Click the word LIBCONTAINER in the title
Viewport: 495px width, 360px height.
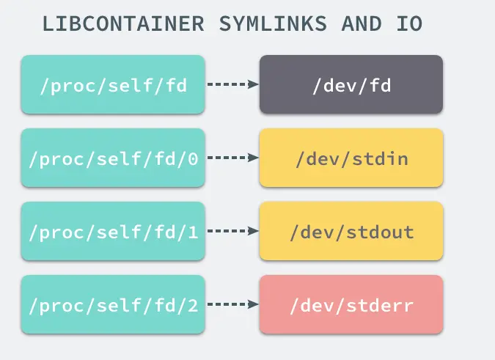[123, 23]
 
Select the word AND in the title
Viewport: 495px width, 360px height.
[362, 23]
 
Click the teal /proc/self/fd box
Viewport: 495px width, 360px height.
[113, 84]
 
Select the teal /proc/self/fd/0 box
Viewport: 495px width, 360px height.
[113, 158]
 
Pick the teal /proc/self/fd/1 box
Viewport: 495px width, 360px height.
[113, 231]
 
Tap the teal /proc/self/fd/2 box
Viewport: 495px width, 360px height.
[113, 304]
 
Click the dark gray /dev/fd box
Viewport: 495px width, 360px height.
[351, 84]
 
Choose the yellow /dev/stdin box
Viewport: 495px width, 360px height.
[351, 158]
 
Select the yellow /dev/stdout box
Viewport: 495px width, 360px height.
[351, 231]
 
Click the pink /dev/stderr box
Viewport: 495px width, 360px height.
[351, 304]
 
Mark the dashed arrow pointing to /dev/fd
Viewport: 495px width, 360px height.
[232, 84]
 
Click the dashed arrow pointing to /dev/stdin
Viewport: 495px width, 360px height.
[232, 158]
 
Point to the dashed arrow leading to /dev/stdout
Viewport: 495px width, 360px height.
[232, 231]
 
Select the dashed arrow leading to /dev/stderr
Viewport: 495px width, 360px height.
[232, 304]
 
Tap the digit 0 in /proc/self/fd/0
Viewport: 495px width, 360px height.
[193, 158]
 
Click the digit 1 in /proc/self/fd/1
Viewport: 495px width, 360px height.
[193, 232]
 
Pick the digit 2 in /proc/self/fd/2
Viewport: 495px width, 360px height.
[193, 305]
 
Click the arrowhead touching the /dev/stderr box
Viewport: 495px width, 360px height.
[254, 304]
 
